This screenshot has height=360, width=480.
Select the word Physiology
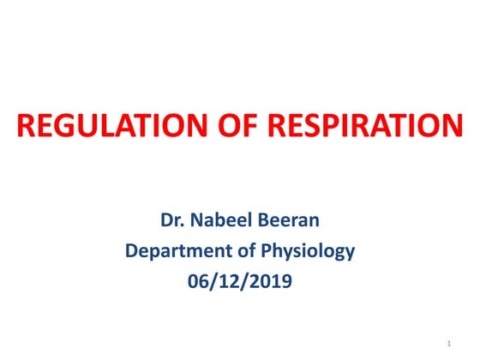tap(306, 251)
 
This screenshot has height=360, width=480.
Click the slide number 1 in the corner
tap(449, 344)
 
